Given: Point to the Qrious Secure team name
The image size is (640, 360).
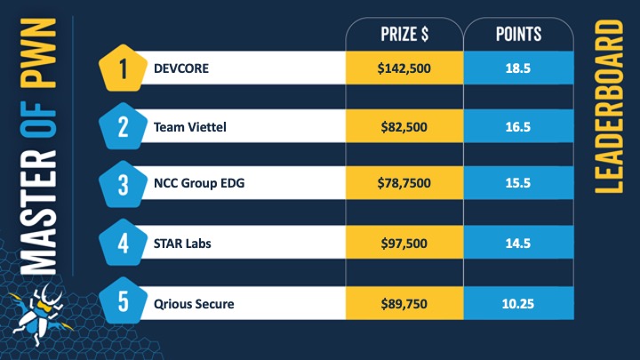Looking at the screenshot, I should pyautogui.click(x=193, y=304).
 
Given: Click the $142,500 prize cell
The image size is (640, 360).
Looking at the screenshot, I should pyautogui.click(x=404, y=68).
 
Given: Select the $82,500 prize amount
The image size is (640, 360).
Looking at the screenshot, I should pyautogui.click(x=404, y=127).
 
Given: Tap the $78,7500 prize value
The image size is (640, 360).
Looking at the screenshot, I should pyautogui.click(x=404, y=185).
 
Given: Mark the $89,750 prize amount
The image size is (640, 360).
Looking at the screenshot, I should pyautogui.click(x=404, y=304).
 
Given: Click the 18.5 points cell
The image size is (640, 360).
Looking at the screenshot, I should pyautogui.click(x=518, y=68).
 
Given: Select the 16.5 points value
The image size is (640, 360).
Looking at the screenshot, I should pyautogui.click(x=518, y=127).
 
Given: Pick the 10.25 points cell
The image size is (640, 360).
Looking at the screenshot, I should pyautogui.click(x=518, y=304).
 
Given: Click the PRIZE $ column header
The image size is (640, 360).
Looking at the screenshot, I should pyautogui.click(x=404, y=35).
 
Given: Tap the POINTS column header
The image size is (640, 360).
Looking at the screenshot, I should pyautogui.click(x=518, y=35).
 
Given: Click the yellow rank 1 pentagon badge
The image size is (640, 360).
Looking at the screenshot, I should pyautogui.click(x=123, y=68).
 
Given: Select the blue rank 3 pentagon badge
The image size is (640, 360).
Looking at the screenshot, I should pyautogui.click(x=123, y=185).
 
